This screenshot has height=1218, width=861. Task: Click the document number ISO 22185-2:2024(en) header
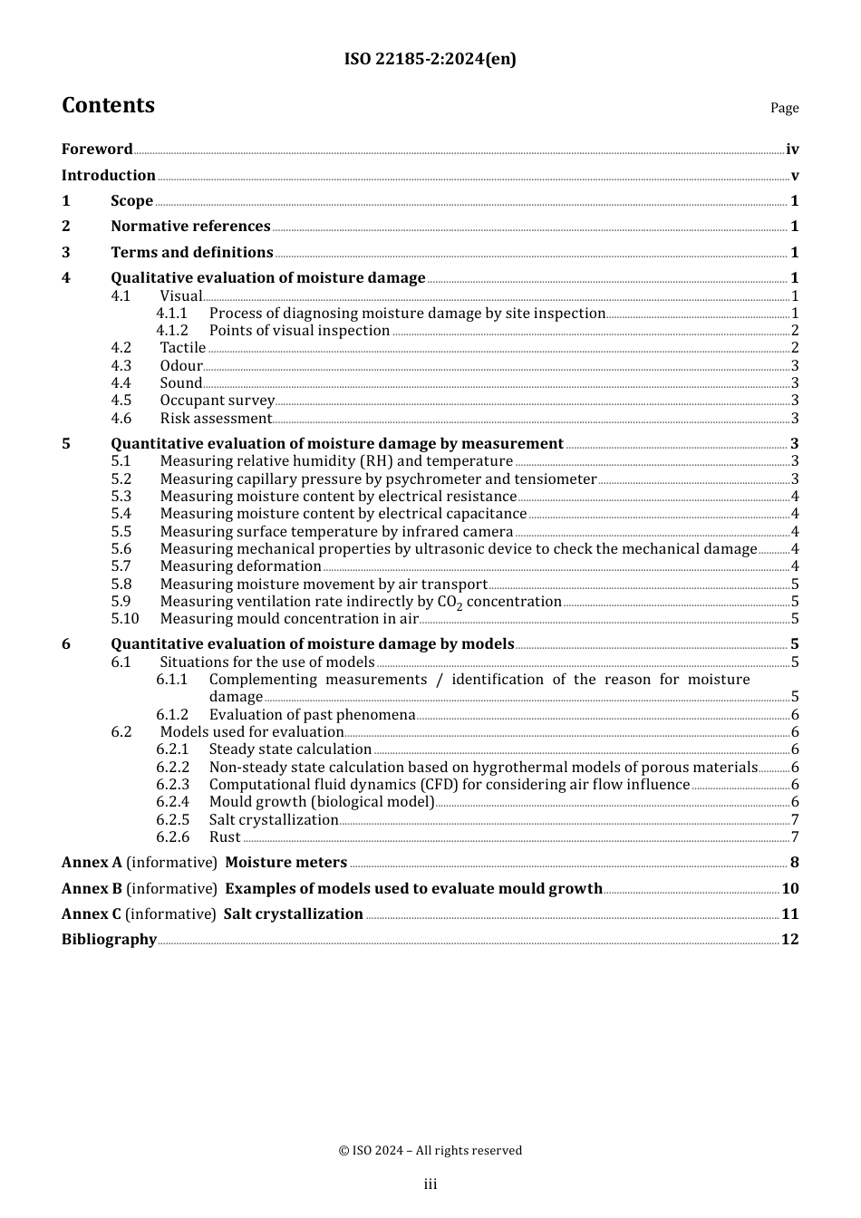pyautogui.click(x=430, y=60)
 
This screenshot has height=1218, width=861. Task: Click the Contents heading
pyautogui.click(x=108, y=106)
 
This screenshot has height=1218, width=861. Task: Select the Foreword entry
pyautogui.click(x=97, y=150)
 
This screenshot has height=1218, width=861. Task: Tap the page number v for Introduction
pyautogui.click(x=794, y=176)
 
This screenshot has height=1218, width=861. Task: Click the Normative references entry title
pyautogui.click(x=190, y=227)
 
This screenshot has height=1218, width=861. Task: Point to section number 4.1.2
pyautogui.click(x=172, y=331)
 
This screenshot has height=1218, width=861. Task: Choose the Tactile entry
pyautogui.click(x=182, y=348)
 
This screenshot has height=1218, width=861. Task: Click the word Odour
pyautogui.click(x=181, y=366)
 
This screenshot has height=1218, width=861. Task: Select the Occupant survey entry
pyautogui.click(x=217, y=401)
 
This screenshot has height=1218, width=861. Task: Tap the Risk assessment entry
pyautogui.click(x=216, y=419)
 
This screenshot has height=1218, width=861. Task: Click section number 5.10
pyautogui.click(x=125, y=619)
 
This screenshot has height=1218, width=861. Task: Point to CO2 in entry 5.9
pyautogui.click(x=450, y=603)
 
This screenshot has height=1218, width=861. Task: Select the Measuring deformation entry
pyautogui.click(x=240, y=566)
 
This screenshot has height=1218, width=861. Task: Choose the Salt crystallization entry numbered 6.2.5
pyautogui.click(x=273, y=820)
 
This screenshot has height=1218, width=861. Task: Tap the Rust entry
pyautogui.click(x=225, y=837)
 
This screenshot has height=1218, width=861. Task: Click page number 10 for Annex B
pyautogui.click(x=789, y=889)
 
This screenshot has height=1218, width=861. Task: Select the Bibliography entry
pyautogui.click(x=109, y=940)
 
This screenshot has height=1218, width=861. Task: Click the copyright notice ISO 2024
pyautogui.click(x=430, y=1151)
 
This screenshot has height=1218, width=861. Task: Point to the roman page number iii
pyautogui.click(x=430, y=1184)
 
